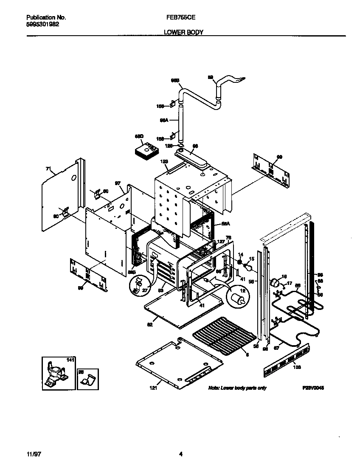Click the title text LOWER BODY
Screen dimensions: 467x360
(x=183, y=32)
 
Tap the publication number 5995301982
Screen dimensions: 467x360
(x=42, y=24)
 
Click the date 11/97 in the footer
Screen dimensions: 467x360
(x=32, y=454)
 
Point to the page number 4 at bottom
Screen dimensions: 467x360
(x=180, y=454)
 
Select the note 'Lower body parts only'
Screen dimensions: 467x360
(x=237, y=388)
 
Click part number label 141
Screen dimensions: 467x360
(x=70, y=360)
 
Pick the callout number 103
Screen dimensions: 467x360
(x=297, y=367)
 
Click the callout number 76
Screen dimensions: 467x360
(x=228, y=237)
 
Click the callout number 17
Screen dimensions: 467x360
(x=290, y=283)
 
